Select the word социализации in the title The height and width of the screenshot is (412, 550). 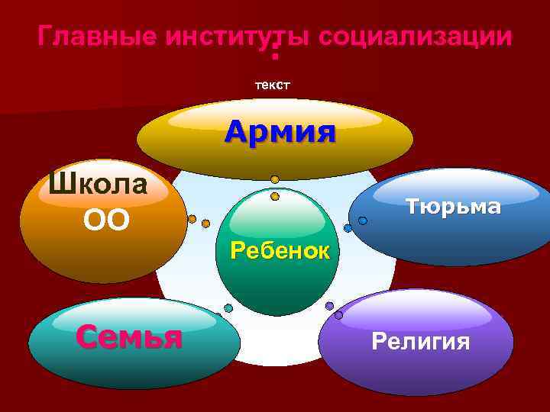(416, 36)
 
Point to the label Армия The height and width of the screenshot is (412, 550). (280, 131)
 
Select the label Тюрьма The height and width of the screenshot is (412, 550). (452, 206)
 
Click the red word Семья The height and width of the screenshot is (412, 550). (129, 335)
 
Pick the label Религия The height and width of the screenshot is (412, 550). (420, 340)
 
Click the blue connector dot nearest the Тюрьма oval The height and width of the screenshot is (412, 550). (363, 220)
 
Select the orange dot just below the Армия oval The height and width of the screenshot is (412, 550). (274, 180)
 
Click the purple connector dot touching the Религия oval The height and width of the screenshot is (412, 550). (338, 314)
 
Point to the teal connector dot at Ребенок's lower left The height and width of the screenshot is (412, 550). (228, 307)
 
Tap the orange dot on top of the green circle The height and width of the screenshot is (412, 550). (275, 196)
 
